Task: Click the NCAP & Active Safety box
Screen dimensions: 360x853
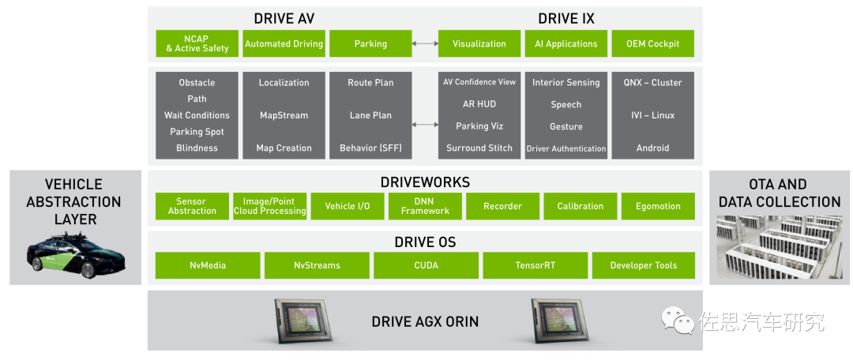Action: (197, 43)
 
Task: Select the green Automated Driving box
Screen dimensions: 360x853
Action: (284, 43)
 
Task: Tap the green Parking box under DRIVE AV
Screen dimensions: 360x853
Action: (370, 43)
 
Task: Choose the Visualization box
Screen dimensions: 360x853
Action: (479, 43)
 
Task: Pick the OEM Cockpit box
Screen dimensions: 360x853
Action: (652, 43)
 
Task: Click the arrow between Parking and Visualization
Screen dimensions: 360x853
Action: (425, 43)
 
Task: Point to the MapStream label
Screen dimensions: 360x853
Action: (284, 115)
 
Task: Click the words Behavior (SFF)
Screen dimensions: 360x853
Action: (370, 148)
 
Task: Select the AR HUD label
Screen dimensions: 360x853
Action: (479, 104)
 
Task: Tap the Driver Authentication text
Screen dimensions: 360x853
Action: (566, 148)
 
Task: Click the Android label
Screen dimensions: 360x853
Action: (652, 148)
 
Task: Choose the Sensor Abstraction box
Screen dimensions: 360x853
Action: (192, 206)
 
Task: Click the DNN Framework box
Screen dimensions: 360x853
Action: (425, 206)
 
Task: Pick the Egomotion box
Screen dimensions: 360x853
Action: (658, 206)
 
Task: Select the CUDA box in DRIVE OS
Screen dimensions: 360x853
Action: (425, 265)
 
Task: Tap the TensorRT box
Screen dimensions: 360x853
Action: (534, 265)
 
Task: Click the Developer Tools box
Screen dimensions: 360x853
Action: (643, 265)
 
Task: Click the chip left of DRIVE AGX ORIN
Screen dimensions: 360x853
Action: (305, 321)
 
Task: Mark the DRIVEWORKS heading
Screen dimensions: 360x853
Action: (425, 182)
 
